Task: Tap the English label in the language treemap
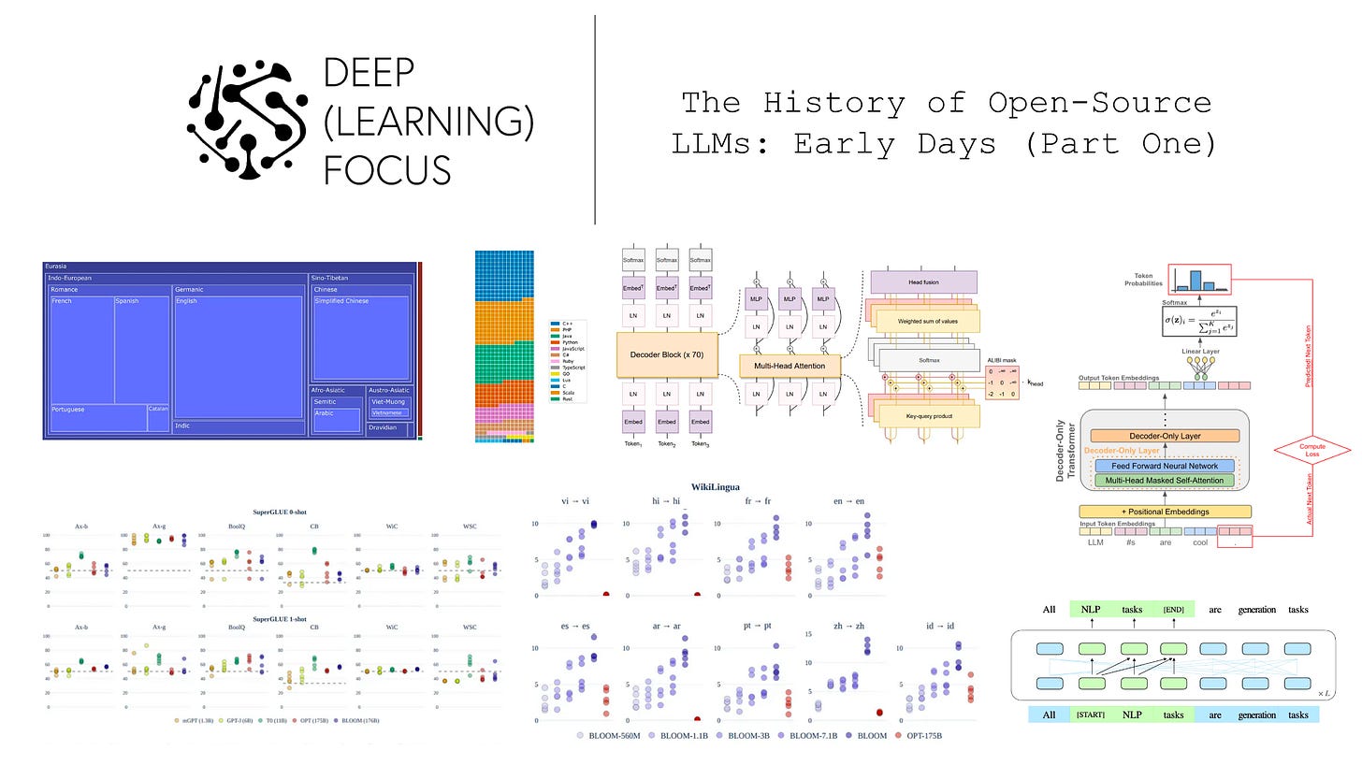(186, 301)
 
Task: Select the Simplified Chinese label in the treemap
(341, 301)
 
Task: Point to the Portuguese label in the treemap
(68, 410)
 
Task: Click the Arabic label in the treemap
(324, 412)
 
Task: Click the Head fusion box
(923, 281)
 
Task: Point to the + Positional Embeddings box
(1165, 512)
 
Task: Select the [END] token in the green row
(1173, 610)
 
